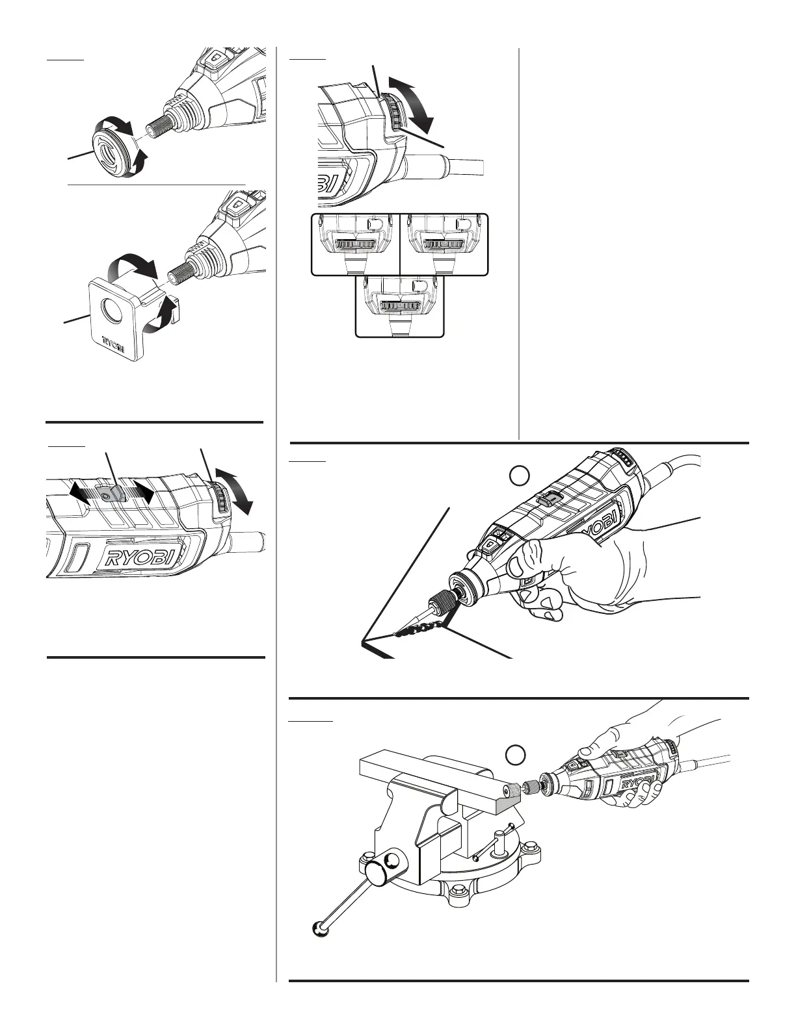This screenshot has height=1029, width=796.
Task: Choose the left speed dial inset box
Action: pos(355,244)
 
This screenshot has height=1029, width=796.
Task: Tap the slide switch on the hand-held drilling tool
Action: pos(550,499)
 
